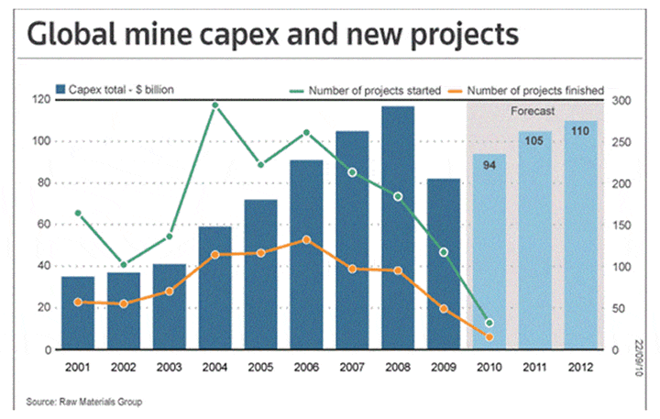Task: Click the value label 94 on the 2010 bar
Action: tap(489, 165)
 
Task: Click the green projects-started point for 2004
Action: tap(214, 105)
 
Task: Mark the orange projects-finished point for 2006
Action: tap(306, 240)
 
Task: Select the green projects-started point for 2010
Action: tap(489, 323)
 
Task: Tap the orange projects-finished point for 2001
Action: tap(77, 302)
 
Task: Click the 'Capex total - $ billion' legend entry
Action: tap(115, 89)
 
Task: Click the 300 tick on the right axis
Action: tap(621, 99)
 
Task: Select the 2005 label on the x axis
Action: tap(260, 367)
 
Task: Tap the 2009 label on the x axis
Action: tap(443, 367)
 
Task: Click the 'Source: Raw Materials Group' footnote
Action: tap(84, 402)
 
